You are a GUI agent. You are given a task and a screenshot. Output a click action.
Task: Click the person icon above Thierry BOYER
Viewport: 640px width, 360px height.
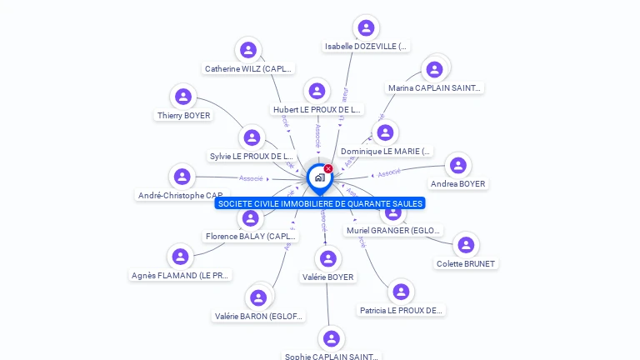(183, 97)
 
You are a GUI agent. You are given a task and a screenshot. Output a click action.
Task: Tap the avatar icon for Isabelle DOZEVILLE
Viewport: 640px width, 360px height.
(366, 28)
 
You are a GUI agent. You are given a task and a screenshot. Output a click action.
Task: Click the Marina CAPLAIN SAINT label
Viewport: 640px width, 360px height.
(435, 87)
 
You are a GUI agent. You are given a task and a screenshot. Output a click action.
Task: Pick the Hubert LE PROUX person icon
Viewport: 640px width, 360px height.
(317, 91)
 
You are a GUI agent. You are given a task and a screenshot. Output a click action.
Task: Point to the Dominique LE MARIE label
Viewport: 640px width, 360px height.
(387, 152)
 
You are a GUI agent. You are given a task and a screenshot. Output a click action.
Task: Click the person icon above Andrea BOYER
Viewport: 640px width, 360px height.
(457, 165)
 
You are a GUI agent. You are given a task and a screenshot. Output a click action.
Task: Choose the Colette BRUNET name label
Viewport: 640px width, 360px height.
(466, 264)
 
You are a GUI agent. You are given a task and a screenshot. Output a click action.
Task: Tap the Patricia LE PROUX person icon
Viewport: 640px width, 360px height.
(401, 292)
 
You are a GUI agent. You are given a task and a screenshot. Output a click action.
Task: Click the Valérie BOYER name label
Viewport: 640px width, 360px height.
(328, 277)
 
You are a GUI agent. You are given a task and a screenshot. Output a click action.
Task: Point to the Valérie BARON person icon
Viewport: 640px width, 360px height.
(258, 297)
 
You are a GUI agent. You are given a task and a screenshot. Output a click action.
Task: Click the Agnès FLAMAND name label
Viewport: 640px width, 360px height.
(181, 275)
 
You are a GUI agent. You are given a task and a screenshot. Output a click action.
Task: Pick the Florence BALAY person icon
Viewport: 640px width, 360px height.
(250, 218)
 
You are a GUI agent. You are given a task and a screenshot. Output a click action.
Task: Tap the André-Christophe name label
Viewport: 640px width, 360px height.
(180, 195)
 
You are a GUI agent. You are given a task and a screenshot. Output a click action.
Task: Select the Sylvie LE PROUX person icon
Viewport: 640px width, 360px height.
(252, 137)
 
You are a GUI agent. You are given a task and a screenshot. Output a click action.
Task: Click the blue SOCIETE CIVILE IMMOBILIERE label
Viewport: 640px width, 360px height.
(320, 203)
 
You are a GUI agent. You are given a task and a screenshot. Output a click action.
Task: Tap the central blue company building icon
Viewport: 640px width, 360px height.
(319, 177)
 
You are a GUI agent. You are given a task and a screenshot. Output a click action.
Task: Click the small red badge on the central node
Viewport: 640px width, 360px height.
(328, 169)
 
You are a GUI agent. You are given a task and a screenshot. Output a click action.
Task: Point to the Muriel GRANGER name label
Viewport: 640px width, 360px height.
(394, 231)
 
